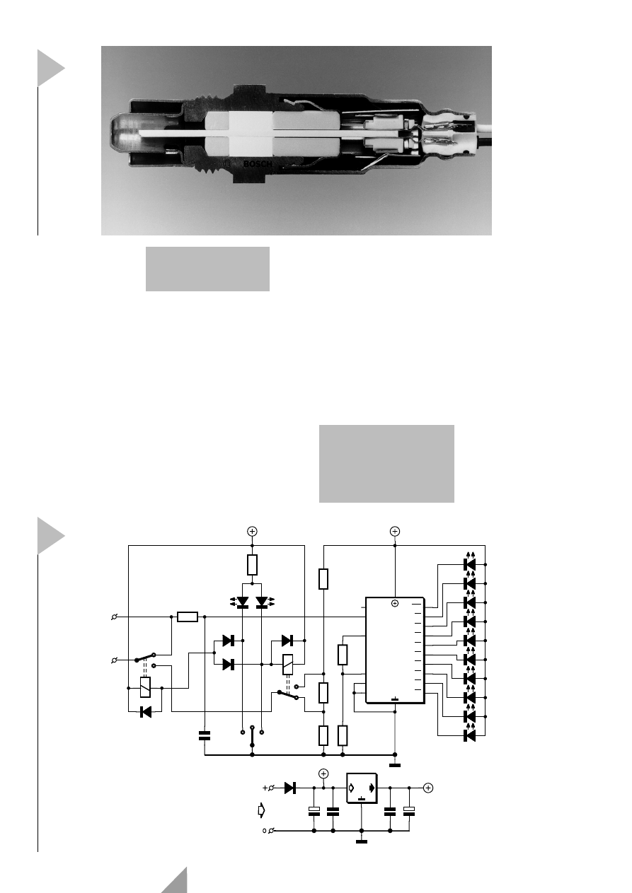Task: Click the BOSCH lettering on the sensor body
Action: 258,164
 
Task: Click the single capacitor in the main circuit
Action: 205,736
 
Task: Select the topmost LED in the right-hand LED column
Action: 470,564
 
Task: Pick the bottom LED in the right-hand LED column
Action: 470,735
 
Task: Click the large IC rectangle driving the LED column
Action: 395,650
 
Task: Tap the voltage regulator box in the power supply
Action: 362,788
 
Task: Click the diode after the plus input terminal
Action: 290,788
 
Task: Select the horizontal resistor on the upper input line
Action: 188,617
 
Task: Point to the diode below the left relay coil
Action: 146,711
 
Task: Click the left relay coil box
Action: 145,687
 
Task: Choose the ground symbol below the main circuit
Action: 395,765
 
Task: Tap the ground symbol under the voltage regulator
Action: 362,841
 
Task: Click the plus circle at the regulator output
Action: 428,788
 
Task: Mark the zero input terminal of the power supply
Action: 271,831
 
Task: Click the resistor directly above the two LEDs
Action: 252,564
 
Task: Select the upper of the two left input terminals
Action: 114,617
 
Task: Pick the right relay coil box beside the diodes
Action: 287,665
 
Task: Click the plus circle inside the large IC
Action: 395,604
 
